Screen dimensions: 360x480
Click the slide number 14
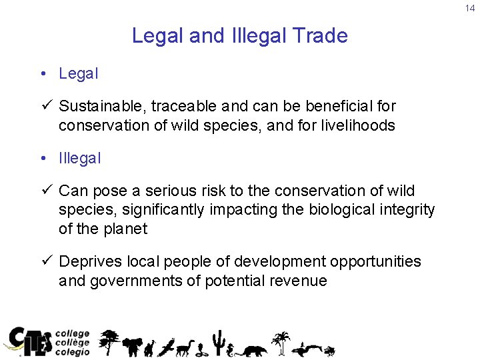tap(470, 8)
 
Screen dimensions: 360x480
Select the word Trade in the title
tap(323, 35)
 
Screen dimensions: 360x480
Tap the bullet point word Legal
tap(79, 74)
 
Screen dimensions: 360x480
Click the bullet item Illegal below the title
tap(80, 159)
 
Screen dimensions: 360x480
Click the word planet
tap(125, 229)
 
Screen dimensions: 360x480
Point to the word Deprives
tap(89, 261)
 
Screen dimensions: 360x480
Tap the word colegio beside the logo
tap(72, 352)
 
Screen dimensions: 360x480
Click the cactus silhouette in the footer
tap(217, 342)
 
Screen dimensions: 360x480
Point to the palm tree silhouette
tap(283, 341)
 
